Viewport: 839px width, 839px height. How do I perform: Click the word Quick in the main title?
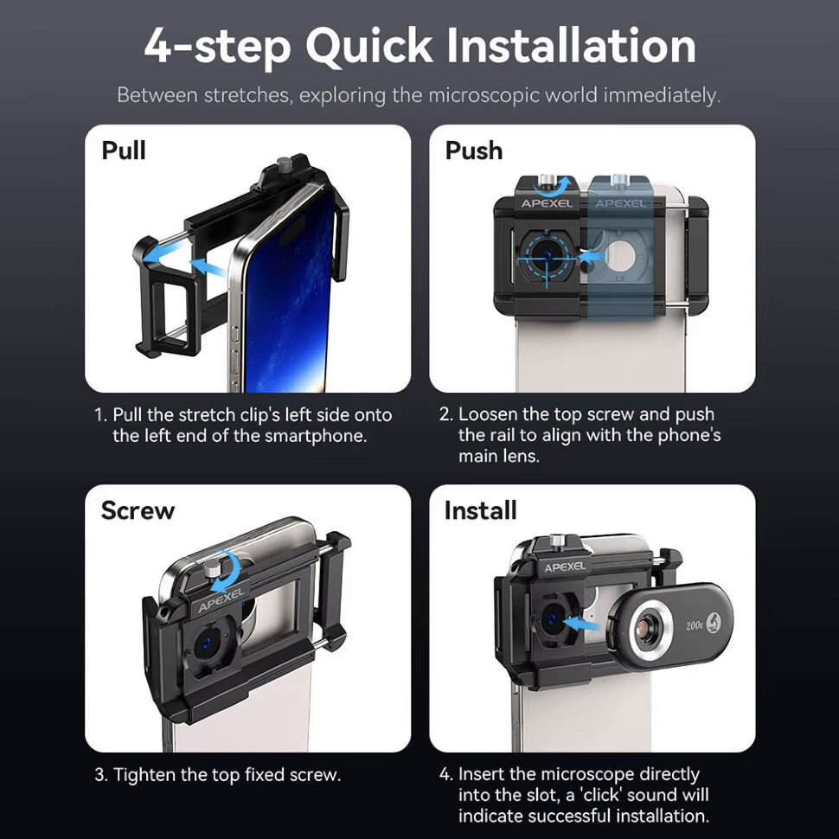tap(369, 47)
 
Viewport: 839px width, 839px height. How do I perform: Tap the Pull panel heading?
tap(124, 151)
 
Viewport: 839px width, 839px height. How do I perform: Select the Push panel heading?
tap(474, 151)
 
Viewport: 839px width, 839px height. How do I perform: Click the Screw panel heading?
tap(138, 510)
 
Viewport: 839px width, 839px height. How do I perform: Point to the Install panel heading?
tap(481, 510)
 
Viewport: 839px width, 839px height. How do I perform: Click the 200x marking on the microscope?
tap(694, 625)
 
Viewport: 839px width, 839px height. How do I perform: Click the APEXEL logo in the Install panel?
tap(565, 567)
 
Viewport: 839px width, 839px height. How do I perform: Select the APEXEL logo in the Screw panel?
tap(221, 599)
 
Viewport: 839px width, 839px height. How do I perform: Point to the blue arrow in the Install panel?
tap(581, 624)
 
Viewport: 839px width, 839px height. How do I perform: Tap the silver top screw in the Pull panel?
tap(284, 165)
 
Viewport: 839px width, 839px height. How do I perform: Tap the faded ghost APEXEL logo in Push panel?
tap(621, 203)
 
